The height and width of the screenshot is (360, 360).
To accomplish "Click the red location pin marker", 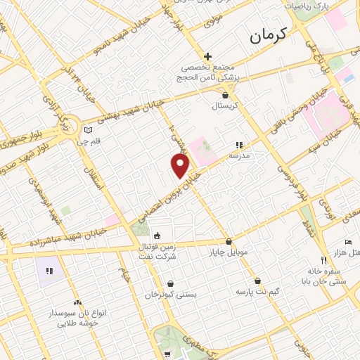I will point(181,166).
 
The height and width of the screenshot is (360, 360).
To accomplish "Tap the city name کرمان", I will point(269,36).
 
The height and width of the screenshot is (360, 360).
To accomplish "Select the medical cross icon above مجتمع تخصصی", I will point(208,56).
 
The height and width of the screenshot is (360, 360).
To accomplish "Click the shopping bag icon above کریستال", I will point(225,95).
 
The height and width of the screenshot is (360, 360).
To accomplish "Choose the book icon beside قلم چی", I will point(88,130).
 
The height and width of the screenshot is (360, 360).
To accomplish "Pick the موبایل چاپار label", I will point(228,251).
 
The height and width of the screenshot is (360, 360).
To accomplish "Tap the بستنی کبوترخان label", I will point(169,295).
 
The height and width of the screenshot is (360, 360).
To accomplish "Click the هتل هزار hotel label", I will point(349,252).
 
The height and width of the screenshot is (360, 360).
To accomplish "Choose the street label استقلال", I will point(91,179).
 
